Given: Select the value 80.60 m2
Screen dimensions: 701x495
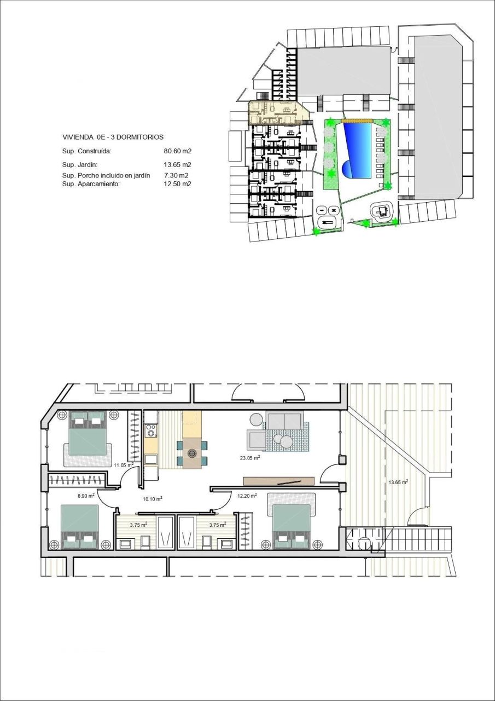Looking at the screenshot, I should [x=177, y=151].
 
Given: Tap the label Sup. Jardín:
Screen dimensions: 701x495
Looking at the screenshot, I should [x=81, y=164].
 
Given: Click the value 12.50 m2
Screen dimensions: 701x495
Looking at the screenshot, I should [x=177, y=184].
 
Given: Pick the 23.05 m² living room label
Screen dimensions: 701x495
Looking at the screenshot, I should [x=249, y=457].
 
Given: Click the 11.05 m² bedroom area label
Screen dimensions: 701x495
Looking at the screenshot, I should [x=124, y=465].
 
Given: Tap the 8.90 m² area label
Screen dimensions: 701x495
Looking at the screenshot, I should [x=86, y=495].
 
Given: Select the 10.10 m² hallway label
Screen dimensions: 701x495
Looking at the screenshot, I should [x=152, y=499].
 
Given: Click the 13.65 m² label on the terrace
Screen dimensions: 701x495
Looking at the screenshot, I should [x=398, y=482].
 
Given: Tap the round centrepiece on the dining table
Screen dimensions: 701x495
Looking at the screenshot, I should [x=192, y=453].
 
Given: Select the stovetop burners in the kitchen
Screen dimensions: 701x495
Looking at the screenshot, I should [x=151, y=430].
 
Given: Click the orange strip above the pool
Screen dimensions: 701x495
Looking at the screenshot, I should [x=357, y=120].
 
